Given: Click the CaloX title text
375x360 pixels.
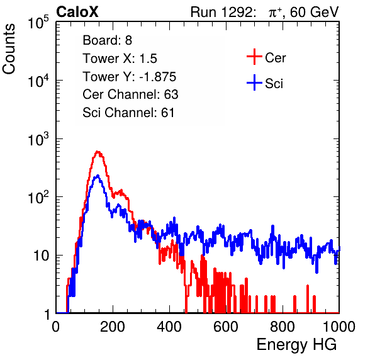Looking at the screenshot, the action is [77, 12].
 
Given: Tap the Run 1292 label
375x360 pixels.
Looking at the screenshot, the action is [221, 12].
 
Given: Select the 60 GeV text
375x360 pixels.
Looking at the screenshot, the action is [315, 12].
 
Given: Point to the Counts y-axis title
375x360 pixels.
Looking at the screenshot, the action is [9, 49].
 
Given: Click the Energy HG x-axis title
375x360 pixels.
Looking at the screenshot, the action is [296, 345].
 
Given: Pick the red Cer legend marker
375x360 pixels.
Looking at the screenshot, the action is [254, 57].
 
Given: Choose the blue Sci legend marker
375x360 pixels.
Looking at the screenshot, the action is [254, 82].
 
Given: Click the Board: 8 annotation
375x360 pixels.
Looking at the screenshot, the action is [107, 40].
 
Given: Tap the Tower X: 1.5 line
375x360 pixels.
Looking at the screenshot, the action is [120, 59].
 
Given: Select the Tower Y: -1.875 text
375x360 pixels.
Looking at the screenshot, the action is [130, 77].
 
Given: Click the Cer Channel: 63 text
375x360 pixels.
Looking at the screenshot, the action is [130, 94].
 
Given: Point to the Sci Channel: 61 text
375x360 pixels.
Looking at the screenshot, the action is [128, 113].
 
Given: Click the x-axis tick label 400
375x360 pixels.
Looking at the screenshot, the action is [169, 327].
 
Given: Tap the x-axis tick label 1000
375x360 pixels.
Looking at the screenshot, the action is [339, 327].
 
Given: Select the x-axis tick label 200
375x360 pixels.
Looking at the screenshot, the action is [113, 327].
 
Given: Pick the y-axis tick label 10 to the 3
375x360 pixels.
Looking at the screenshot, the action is [38, 138].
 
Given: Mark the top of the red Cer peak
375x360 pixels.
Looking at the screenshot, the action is [98, 152].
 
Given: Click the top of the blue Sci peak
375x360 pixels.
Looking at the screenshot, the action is [98, 176].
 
